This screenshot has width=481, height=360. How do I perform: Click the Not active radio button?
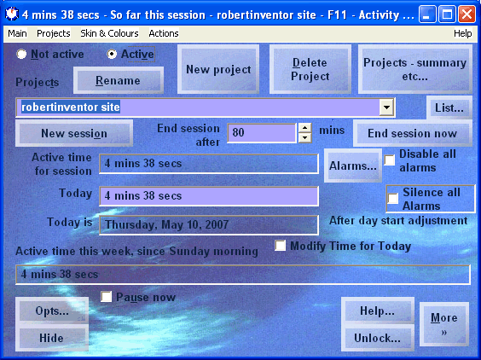point(21,55)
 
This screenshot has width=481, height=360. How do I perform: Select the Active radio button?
point(112,55)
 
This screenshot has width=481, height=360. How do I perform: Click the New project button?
point(218,69)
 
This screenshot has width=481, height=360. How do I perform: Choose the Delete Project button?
point(310,69)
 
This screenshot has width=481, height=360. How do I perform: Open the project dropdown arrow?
point(386,107)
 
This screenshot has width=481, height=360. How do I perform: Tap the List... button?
point(449,107)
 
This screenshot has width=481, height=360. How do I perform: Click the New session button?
point(74,133)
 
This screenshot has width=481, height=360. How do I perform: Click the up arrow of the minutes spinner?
point(304,128)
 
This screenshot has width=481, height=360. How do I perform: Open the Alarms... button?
point(353,165)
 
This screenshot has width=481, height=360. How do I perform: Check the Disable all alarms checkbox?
point(390,160)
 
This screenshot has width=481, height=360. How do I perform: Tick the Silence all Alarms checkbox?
point(393,198)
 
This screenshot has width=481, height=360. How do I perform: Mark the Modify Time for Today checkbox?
point(280,246)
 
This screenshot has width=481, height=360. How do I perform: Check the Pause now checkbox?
point(106,297)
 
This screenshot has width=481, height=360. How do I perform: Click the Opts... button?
point(52,311)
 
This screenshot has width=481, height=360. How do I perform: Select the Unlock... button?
point(377,338)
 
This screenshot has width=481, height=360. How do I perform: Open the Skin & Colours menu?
point(109,33)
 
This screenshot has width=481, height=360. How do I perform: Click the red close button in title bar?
point(467,15)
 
